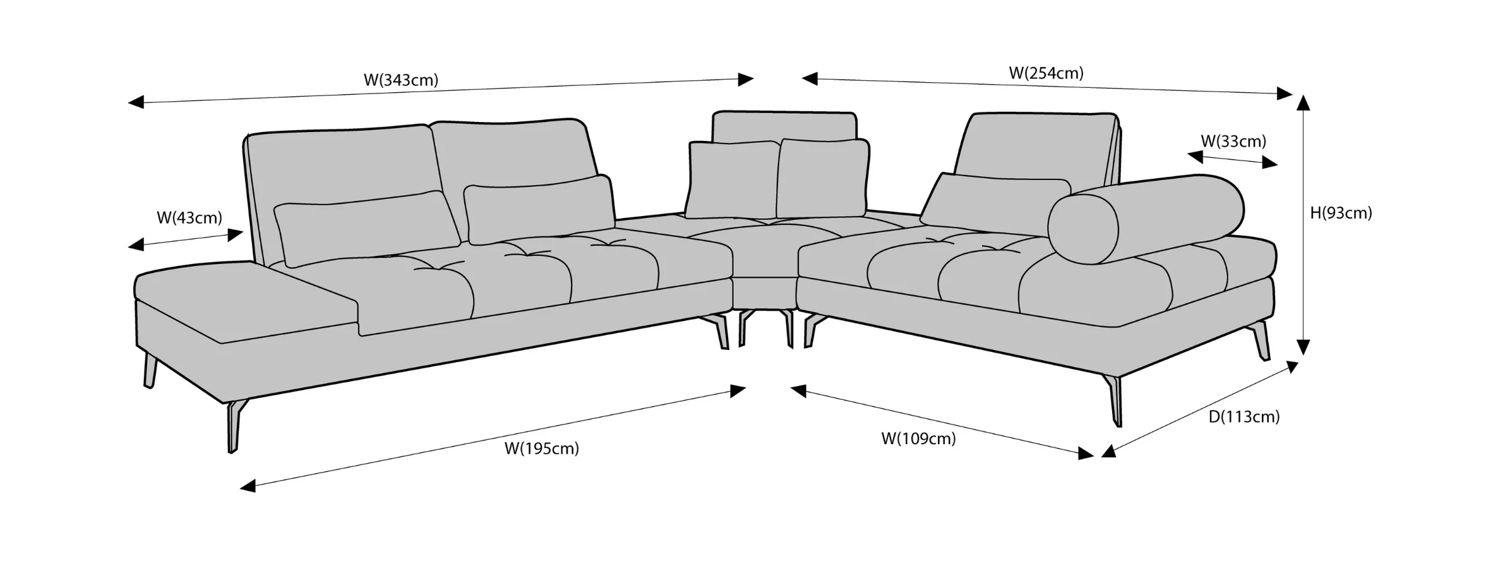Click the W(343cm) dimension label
401,80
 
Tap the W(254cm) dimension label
1046,73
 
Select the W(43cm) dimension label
189,218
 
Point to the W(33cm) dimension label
1233,141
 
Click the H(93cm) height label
1341,214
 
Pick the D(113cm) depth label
1244,417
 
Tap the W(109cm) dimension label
918,439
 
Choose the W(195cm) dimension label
541,449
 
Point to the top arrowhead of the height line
1303,101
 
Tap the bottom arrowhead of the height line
1304,347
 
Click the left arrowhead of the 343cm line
136,102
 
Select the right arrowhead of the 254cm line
1285,94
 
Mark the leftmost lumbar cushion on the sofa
366,228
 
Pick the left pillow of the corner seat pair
732,179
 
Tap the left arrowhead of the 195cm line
248,486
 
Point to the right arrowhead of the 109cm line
1086,452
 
